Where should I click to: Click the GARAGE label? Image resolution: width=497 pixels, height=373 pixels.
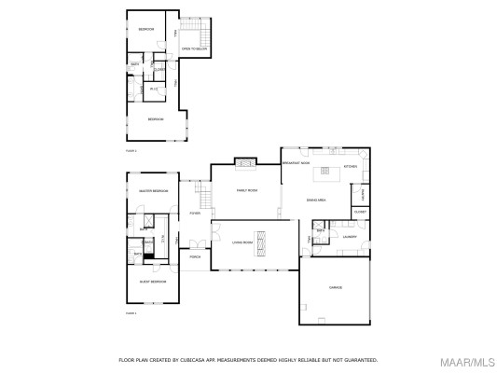pyautogui.click(x=335, y=287)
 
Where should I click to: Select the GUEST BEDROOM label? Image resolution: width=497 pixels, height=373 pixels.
pyautogui.click(x=152, y=281)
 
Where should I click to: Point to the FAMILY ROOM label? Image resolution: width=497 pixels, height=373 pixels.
pyautogui.click(x=246, y=191)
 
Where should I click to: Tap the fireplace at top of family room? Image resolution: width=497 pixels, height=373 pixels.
pyautogui.click(x=245, y=163)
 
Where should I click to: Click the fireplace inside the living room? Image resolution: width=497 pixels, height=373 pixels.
pyautogui.click(x=262, y=242)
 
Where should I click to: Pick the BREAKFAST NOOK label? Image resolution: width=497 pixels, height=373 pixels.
pyautogui.click(x=296, y=163)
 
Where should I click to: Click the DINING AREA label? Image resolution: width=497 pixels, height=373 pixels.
pyautogui.click(x=316, y=200)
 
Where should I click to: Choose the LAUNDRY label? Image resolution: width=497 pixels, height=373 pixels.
pyautogui.click(x=350, y=237)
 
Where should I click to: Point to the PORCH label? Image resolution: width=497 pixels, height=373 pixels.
pyautogui.click(x=195, y=256)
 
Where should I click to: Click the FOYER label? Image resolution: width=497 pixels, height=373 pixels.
pyautogui.click(x=195, y=214)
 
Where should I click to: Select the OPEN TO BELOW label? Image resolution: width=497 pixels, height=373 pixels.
pyautogui.click(x=193, y=48)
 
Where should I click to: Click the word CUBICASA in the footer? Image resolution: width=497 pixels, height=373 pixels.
pyautogui.click(x=200, y=359)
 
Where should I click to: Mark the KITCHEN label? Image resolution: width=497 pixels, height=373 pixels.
pyautogui.click(x=350, y=166)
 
